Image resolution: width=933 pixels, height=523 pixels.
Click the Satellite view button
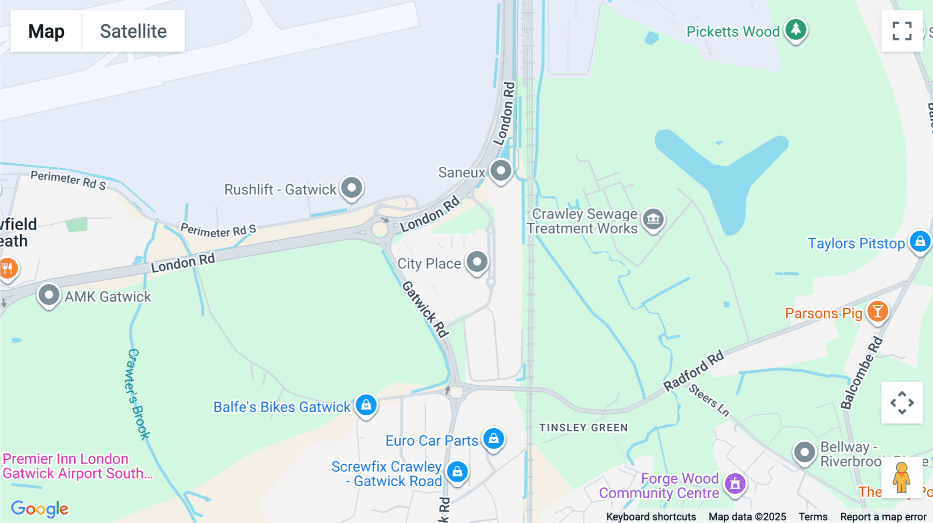tap(133, 31)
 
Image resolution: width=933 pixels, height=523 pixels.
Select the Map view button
tap(46, 31)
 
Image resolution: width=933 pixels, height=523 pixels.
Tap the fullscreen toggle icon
tap(902, 31)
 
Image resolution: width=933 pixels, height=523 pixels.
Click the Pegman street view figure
tap(901, 477)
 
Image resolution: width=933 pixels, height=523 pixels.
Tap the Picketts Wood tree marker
tap(796, 30)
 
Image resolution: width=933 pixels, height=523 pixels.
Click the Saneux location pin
tap(501, 170)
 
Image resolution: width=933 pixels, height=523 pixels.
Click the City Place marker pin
tap(477, 261)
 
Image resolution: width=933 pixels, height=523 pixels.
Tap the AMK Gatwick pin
tap(49, 295)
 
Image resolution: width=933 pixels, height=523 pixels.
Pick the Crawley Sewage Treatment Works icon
tap(653, 219)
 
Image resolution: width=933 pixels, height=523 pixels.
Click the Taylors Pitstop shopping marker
tap(920, 241)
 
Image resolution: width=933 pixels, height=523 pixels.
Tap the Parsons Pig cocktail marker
tap(878, 311)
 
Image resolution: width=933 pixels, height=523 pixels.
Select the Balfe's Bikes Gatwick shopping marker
tap(366, 404)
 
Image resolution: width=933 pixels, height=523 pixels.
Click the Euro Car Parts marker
tap(493, 439)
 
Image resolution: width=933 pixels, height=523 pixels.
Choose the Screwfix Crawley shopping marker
tap(457, 472)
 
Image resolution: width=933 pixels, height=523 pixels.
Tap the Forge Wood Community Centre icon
tap(735, 484)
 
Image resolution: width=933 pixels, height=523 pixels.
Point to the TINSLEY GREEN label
tap(584, 428)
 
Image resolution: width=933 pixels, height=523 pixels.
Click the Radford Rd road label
tap(694, 371)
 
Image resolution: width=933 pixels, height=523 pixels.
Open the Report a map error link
tap(883, 517)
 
